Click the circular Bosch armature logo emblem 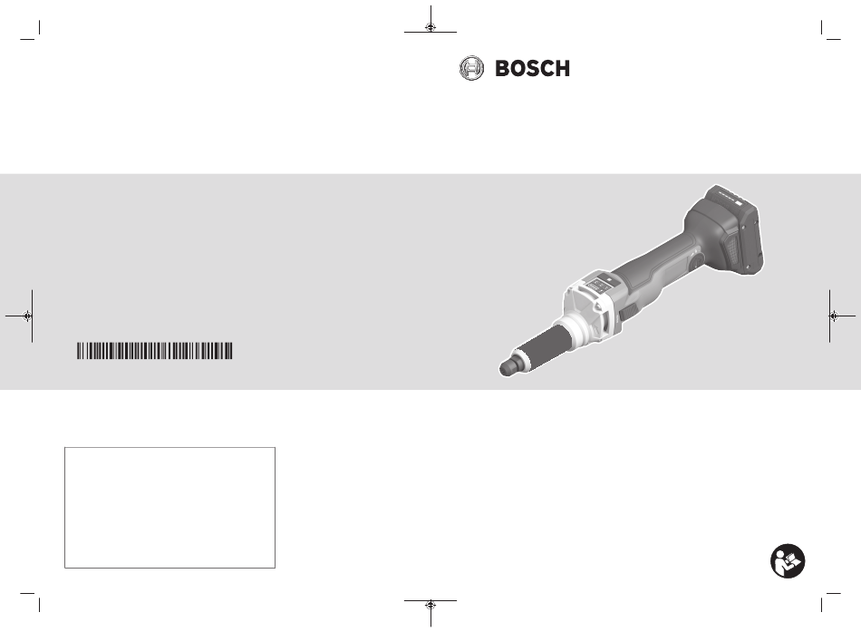point(471,68)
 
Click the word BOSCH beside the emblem point(533,69)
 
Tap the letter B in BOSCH point(502,69)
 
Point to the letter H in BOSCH point(563,69)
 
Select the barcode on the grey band point(155,351)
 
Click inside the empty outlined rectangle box point(169,507)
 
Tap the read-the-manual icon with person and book point(788,561)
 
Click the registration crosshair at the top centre point(430,27)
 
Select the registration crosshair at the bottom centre point(430,605)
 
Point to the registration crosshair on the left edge point(27,316)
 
